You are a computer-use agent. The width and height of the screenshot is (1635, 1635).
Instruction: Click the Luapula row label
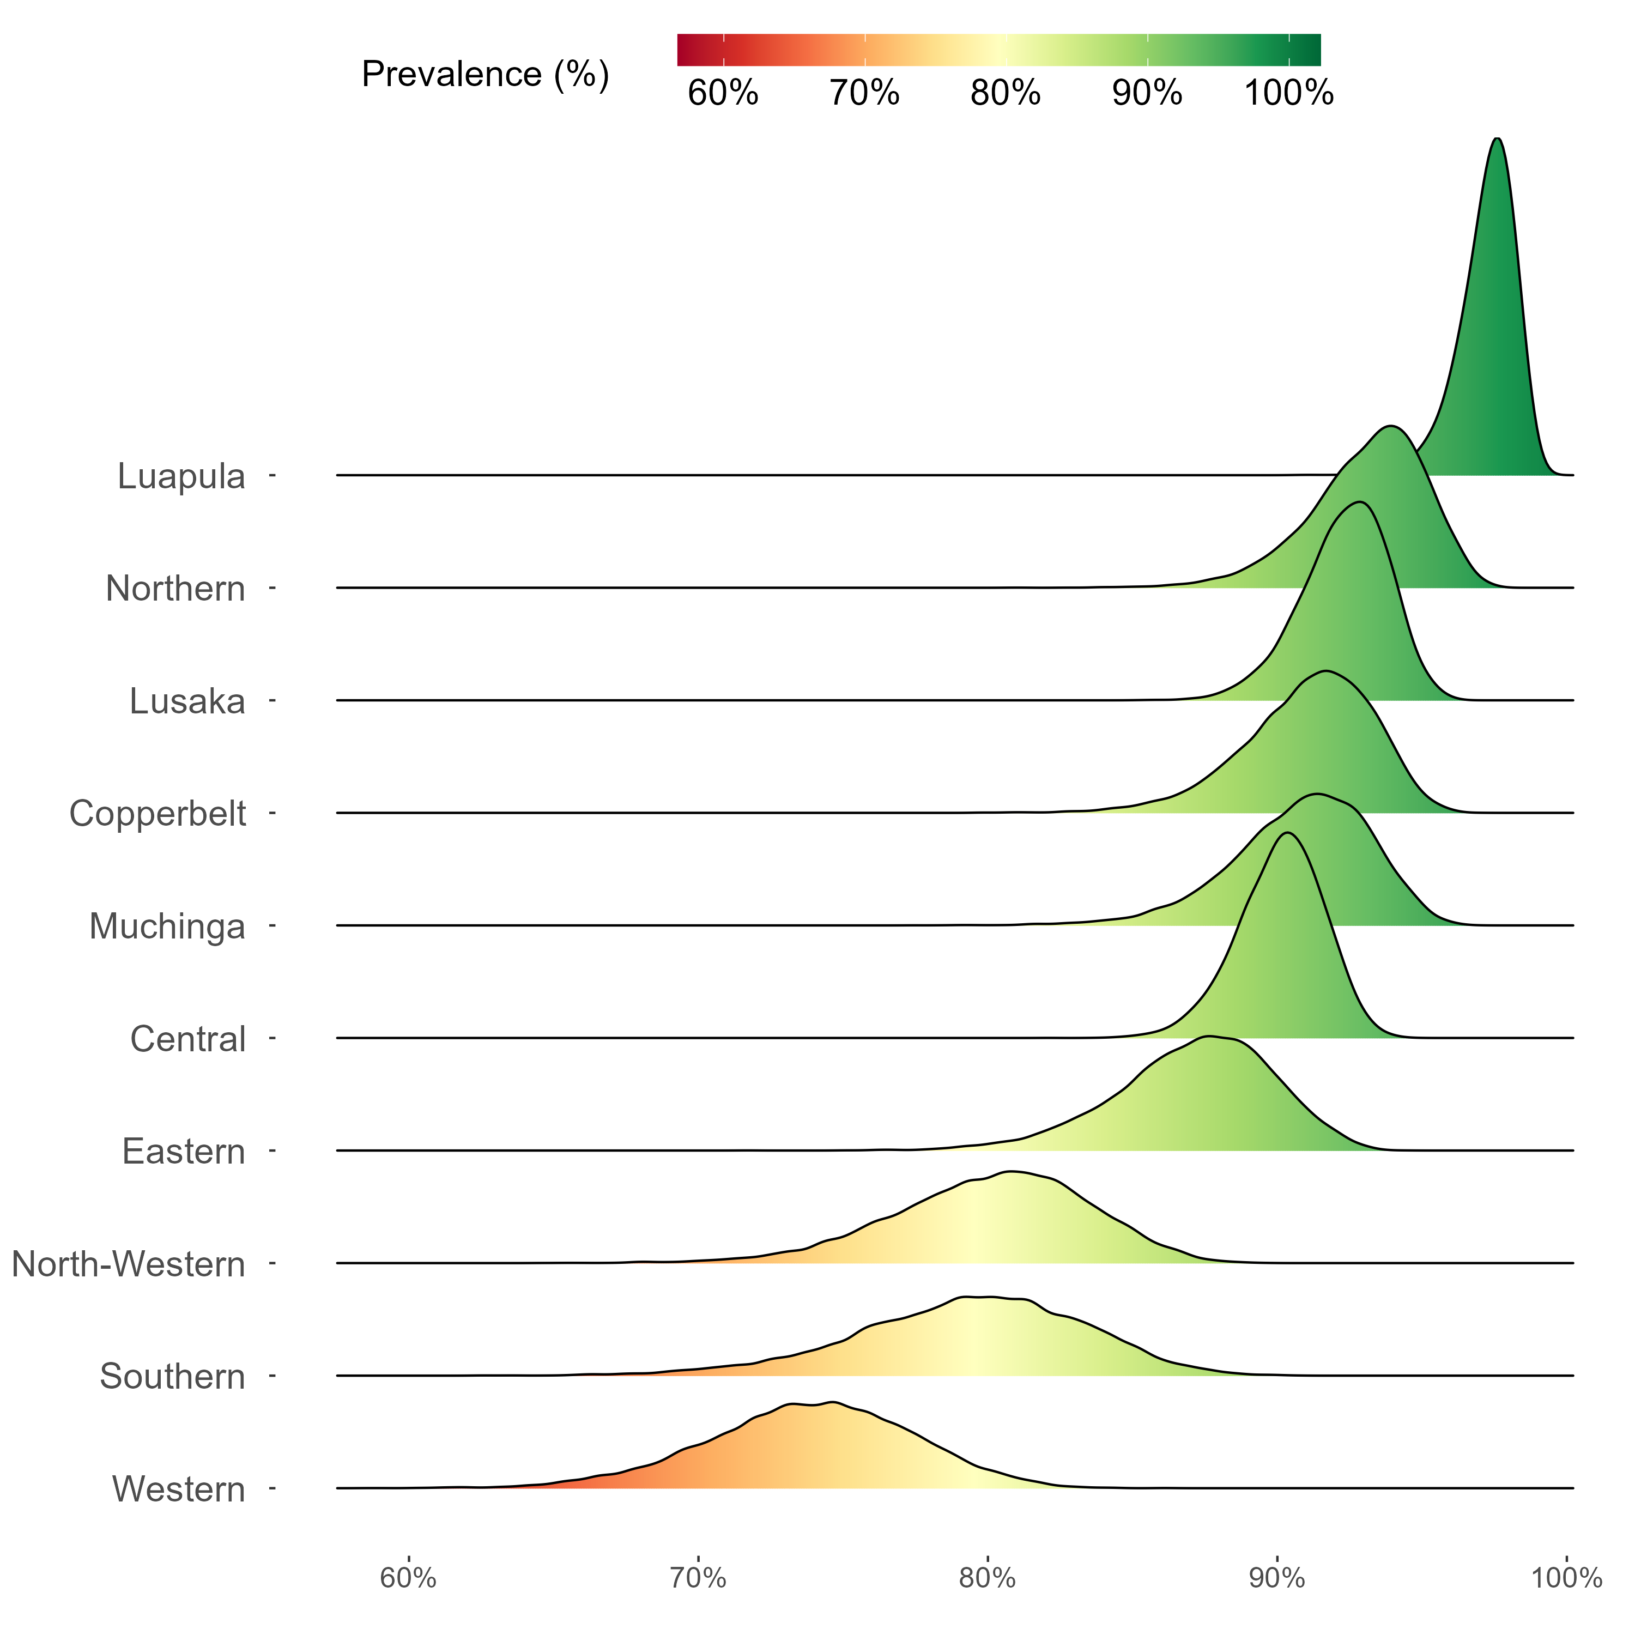pos(181,476)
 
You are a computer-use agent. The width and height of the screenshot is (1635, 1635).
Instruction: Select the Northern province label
pos(175,589)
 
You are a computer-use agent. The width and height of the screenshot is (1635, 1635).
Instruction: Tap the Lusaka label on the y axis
pos(187,701)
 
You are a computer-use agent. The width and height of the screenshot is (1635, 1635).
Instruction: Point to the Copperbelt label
pos(158,814)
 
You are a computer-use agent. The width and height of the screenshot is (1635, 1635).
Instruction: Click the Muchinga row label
pos(167,927)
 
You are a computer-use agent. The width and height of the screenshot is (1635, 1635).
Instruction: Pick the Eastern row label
pos(184,1152)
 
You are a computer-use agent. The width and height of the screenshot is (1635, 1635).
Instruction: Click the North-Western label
pos(129,1264)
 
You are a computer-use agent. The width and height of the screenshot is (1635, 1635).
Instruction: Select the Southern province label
pos(173,1377)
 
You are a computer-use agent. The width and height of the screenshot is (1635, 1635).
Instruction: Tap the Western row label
pos(179,1489)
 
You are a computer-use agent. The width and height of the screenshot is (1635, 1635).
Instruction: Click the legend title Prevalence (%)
pos(485,75)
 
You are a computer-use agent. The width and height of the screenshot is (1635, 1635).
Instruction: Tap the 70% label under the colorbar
pos(864,93)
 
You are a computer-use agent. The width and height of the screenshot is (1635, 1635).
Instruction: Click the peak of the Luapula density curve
pos(1497,139)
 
